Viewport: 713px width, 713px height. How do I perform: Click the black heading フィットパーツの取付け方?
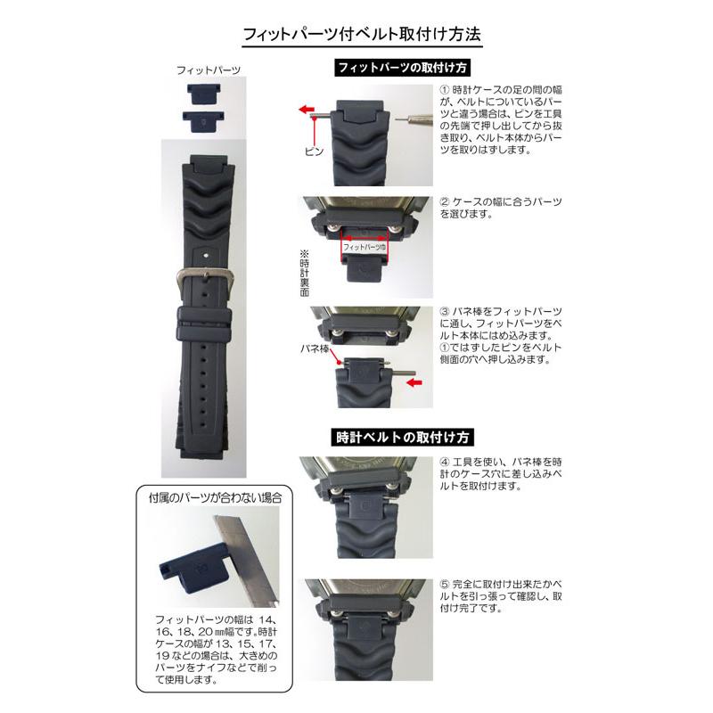pos(402,68)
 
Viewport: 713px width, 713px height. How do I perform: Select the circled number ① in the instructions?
pos(446,90)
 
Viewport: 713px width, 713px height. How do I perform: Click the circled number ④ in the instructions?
pos(446,462)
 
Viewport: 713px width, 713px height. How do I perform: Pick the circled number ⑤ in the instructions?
pos(446,586)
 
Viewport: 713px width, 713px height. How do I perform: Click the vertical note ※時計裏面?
pos(303,273)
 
